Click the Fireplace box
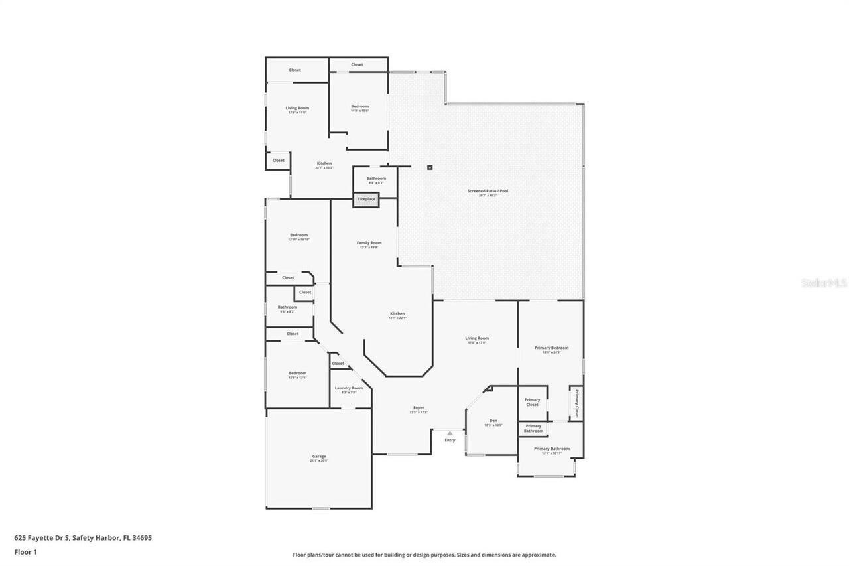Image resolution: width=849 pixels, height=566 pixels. [366, 199]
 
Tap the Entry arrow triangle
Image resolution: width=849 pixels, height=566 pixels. [450, 433]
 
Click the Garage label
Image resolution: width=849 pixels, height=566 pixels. [319, 457]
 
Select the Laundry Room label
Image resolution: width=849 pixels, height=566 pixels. [348, 388]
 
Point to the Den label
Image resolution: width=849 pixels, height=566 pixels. [493, 421]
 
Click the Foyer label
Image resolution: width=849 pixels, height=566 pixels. [419, 408]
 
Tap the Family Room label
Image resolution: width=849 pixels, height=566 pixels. [369, 243]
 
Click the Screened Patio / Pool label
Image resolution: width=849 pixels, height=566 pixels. [488, 191]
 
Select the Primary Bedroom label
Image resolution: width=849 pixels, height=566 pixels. [551, 348]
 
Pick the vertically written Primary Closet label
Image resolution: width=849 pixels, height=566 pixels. [576, 403]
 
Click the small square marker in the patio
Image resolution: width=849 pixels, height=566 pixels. [430, 167]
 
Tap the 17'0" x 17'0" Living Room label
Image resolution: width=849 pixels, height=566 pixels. [477, 338]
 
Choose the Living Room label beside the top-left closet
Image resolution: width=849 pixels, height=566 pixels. [297, 108]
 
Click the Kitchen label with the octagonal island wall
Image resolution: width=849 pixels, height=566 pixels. [397, 314]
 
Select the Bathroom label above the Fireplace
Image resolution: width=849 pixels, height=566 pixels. [376, 178]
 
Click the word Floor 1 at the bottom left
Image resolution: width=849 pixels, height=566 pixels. [25, 551]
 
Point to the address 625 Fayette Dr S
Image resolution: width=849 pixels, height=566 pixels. [82, 538]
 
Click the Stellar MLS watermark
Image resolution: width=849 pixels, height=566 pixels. [824, 283]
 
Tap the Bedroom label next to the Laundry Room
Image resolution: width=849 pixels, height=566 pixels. [297, 373]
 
